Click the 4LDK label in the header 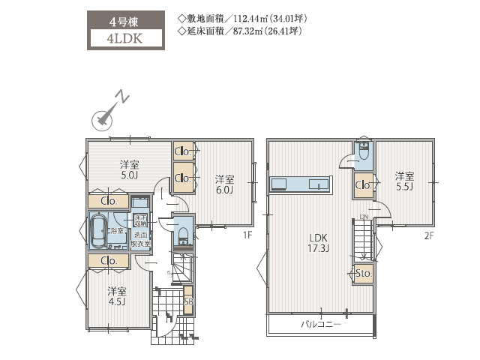tap(125, 37)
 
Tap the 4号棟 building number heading tap(125, 19)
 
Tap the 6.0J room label tap(224, 184)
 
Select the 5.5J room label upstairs tap(404, 181)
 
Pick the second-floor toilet tap(364, 153)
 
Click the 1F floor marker tap(246, 235)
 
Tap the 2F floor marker tap(428, 234)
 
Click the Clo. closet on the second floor tap(364, 185)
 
